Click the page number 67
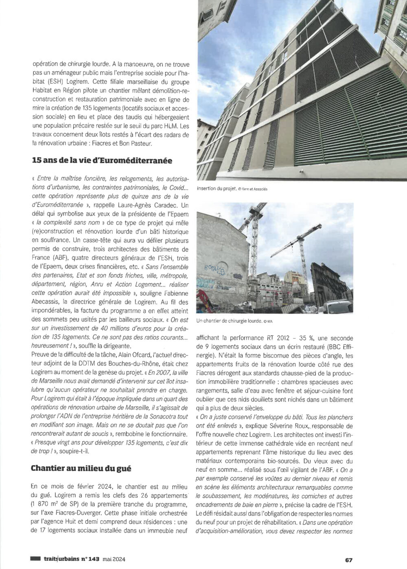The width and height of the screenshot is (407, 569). coord(349,559)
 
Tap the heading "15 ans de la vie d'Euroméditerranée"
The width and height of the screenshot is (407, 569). coord(102,161)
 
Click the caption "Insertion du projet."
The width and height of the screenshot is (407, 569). coord(217,189)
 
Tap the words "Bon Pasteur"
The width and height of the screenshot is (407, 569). coord(131,144)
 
